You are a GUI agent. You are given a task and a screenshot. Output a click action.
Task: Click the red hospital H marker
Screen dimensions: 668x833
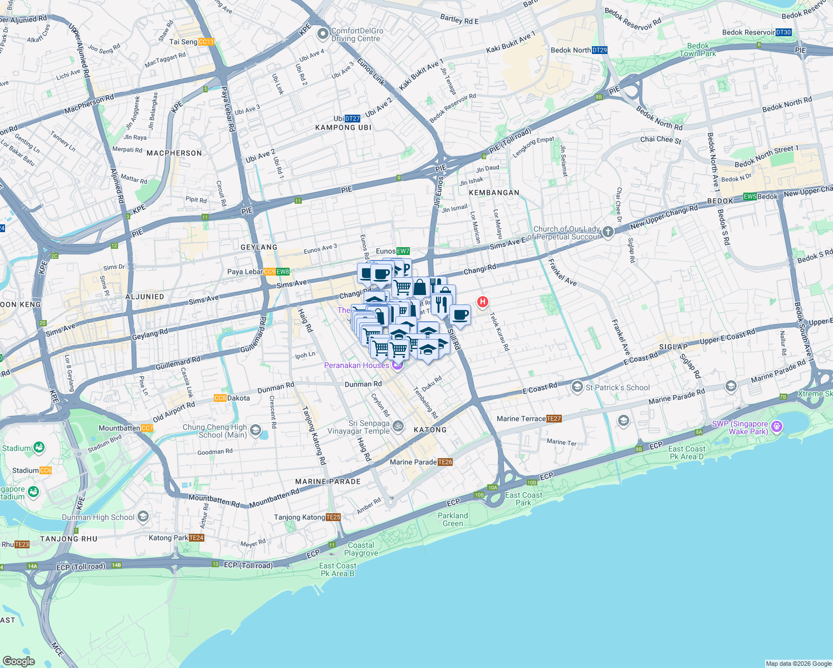[482, 302]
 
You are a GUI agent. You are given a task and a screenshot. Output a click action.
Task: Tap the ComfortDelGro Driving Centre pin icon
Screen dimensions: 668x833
[322, 35]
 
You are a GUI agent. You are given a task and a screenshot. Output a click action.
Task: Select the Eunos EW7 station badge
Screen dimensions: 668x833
[403, 251]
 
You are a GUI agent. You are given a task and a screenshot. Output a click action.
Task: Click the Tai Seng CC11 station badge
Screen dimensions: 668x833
[206, 42]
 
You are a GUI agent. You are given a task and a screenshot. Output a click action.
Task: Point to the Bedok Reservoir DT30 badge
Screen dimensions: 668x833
[783, 32]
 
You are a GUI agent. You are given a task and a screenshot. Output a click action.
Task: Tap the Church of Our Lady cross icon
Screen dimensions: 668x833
[607, 232]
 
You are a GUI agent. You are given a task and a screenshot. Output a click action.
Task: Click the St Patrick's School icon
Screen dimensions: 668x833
[577, 387]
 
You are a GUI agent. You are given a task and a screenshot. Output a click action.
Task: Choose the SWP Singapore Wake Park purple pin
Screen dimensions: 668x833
[777, 427]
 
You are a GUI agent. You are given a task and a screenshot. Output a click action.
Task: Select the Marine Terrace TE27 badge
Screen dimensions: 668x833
[554, 419]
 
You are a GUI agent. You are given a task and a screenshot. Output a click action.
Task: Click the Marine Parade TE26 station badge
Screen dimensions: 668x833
[445, 462]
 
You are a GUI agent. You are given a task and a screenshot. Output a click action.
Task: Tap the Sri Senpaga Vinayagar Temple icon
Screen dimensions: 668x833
[398, 426]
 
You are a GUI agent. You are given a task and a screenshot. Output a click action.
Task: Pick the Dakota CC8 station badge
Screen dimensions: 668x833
[220, 398]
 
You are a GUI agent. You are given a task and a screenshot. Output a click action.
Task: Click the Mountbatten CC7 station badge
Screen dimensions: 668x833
[147, 428]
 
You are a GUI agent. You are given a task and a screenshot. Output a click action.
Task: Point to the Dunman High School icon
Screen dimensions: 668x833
[143, 517]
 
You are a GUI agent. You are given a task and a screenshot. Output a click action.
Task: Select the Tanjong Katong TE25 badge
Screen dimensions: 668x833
[333, 517]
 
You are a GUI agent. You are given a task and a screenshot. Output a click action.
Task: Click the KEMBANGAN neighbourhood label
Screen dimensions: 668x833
[494, 193]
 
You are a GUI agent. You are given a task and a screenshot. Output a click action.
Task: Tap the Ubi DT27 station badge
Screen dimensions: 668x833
[352, 119]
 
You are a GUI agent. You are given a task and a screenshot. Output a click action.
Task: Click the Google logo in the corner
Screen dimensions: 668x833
[18, 661]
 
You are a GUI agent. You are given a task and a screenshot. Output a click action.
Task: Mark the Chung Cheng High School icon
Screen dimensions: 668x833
[255, 430]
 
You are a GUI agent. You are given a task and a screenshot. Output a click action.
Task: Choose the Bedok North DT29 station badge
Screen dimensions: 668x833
[600, 50]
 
